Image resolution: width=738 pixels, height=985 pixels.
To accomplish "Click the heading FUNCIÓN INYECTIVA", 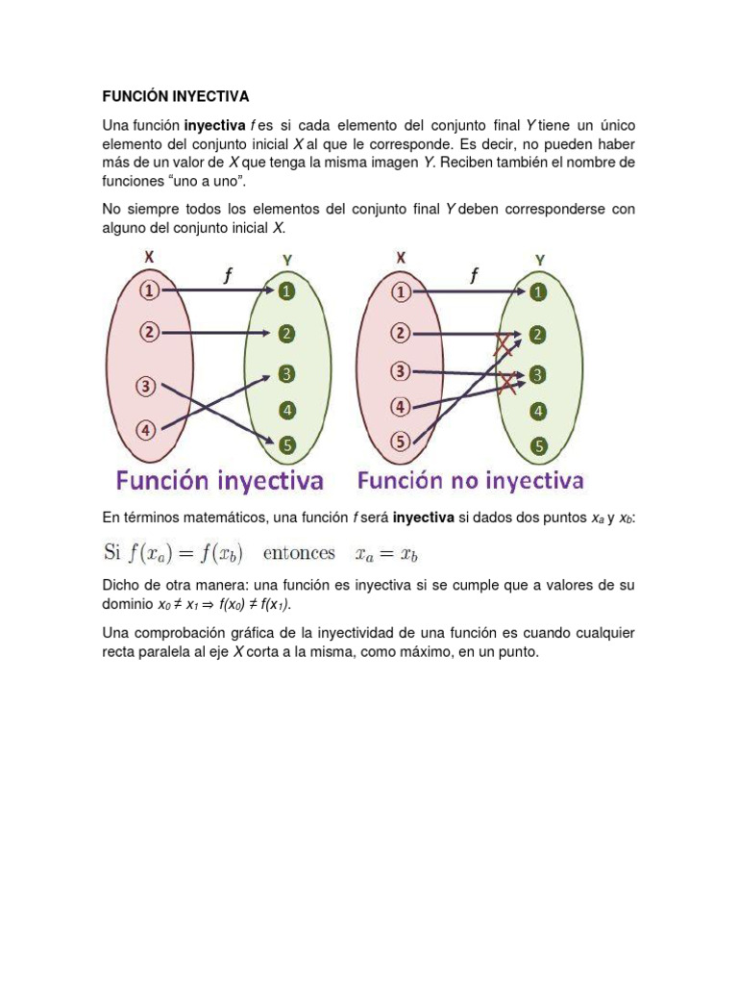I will [176, 96].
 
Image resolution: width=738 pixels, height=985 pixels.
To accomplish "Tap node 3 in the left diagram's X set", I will [146, 387].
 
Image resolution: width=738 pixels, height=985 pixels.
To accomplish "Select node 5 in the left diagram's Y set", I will [288, 445].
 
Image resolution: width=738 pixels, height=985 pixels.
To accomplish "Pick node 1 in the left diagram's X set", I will [149, 290].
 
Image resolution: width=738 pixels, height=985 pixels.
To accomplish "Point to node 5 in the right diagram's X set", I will [400, 442].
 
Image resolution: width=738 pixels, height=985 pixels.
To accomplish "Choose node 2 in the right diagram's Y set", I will [538, 334].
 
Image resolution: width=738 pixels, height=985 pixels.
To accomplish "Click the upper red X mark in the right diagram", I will [503, 345].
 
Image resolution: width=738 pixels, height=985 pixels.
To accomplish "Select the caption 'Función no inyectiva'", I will [471, 479].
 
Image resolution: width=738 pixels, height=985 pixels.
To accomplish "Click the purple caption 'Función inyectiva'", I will [220, 480].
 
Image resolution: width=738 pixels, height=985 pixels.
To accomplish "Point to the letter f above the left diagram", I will [228, 276].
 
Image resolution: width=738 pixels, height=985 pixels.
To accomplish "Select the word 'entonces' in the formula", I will [298, 553].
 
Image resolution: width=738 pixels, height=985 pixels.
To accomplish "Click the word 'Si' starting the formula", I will [112, 553].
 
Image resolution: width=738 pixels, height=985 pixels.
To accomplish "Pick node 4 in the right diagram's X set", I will [401, 406].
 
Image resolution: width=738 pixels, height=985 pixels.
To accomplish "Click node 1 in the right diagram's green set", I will [539, 290].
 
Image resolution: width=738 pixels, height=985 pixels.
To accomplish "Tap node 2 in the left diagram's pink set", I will [149, 333].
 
